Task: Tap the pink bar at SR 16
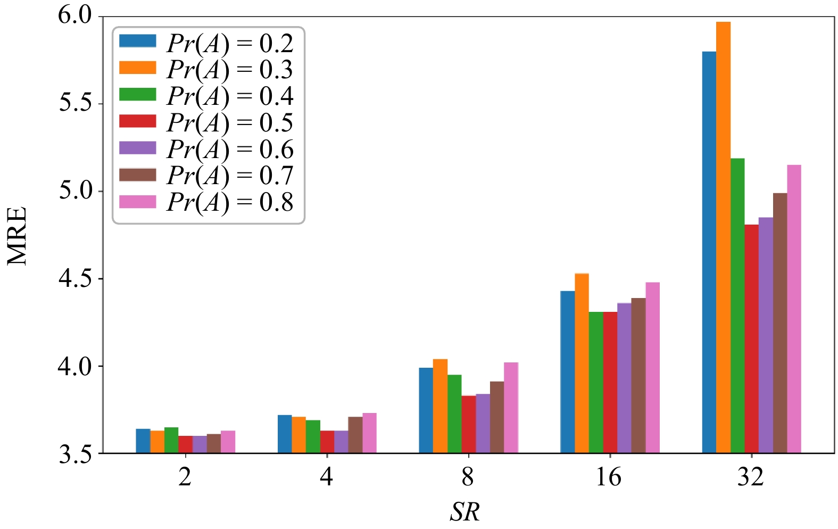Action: [652, 368]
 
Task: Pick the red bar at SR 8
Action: [468, 424]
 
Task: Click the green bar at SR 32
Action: [737, 305]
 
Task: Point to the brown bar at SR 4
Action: [355, 435]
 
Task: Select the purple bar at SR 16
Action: [624, 378]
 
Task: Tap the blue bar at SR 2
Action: [143, 441]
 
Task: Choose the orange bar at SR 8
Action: [440, 406]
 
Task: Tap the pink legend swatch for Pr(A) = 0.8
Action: [137, 202]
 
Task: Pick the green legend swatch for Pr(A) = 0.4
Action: [137, 95]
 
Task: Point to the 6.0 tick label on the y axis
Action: [74, 16]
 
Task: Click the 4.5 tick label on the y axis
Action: [74, 279]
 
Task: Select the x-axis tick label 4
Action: [327, 477]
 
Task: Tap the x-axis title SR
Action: [465, 512]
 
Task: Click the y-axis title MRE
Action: [17, 236]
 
